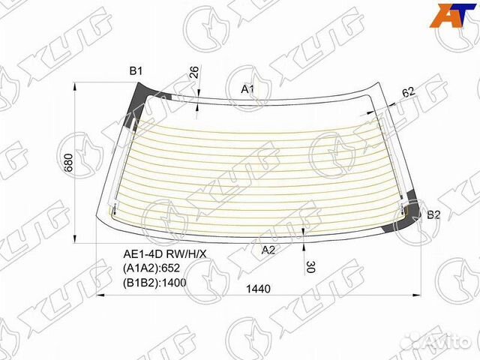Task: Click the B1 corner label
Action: [136, 71]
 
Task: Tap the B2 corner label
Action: [433, 215]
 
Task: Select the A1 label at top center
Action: [247, 89]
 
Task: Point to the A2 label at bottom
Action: [268, 250]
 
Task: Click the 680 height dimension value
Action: [69, 162]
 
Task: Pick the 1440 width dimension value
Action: [258, 289]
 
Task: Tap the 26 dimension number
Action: [194, 73]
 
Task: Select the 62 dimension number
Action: [408, 91]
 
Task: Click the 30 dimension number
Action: [310, 266]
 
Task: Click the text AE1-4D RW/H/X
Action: [165, 253]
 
